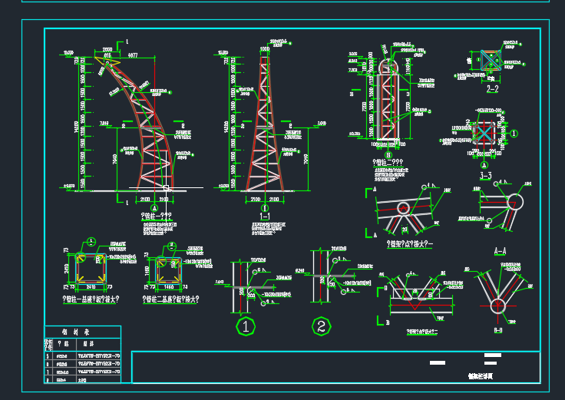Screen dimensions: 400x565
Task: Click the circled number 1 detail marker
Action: (245, 326)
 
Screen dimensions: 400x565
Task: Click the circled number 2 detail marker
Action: (322, 326)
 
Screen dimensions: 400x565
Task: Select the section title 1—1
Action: (265, 217)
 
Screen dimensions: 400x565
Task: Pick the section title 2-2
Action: (493, 89)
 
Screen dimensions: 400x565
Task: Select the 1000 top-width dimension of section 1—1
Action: (265, 48)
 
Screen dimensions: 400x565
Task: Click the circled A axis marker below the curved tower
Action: (155, 207)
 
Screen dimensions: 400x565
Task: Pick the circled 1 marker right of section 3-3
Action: (515, 133)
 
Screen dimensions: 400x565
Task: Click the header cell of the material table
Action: (81, 332)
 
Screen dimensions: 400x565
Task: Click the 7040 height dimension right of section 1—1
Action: (305, 160)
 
